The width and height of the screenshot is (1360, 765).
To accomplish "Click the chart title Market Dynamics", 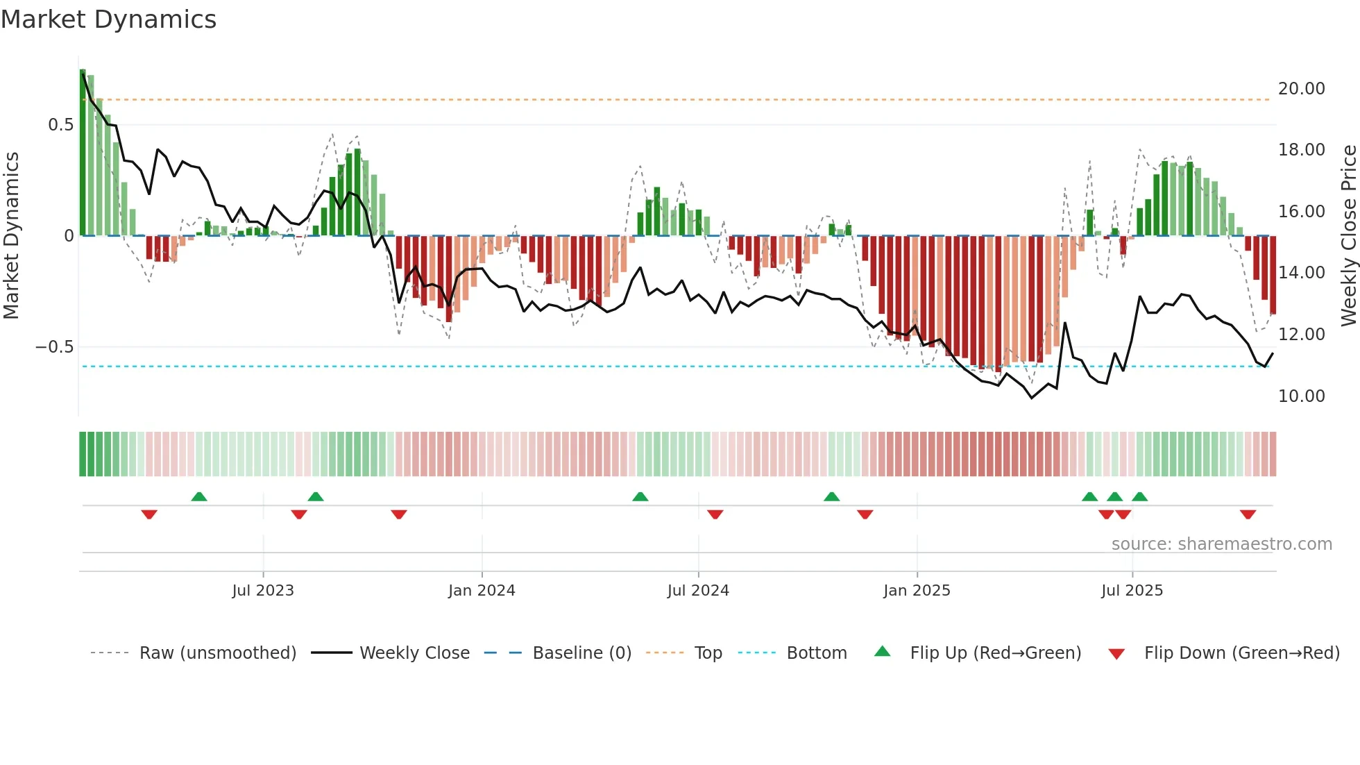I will [109, 19].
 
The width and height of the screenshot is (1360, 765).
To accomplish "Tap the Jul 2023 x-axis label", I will [263, 591].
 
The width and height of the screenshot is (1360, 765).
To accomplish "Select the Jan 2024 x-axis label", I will [482, 591].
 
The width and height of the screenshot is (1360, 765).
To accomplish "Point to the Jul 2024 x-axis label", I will [698, 591].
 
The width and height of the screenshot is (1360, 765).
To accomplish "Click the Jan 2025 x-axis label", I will [917, 591].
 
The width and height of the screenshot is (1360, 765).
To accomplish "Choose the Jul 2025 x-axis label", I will [1132, 591].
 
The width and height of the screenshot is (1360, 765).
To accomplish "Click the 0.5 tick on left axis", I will [60, 125].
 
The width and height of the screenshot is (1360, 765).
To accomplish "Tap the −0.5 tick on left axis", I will [55, 347].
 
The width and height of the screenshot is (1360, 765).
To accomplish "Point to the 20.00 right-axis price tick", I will [1301, 89].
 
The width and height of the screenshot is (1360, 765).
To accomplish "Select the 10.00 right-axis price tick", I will [1301, 396].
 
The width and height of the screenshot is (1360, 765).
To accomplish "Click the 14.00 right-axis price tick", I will [1301, 273].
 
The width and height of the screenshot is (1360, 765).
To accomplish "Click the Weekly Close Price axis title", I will [1348, 236].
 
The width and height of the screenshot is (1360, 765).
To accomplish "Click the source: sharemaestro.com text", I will [1221, 544].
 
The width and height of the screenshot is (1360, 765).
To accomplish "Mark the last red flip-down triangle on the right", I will [1248, 514].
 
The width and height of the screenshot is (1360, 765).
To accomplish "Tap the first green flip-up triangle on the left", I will [199, 496].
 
